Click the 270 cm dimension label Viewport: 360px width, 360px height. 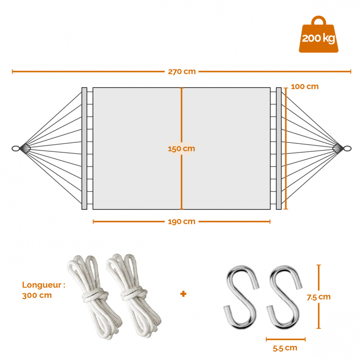click(182, 72)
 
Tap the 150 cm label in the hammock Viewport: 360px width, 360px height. click(181, 149)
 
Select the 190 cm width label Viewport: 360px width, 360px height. click(181, 222)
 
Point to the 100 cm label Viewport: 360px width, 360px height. click(305, 87)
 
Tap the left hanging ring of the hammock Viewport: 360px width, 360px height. click(16, 149)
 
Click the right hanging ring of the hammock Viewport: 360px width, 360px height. click(347, 149)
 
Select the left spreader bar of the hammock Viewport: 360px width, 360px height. click(84, 149)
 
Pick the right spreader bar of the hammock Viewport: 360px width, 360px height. click(279, 149)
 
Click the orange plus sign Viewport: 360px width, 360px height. click(183, 294)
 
